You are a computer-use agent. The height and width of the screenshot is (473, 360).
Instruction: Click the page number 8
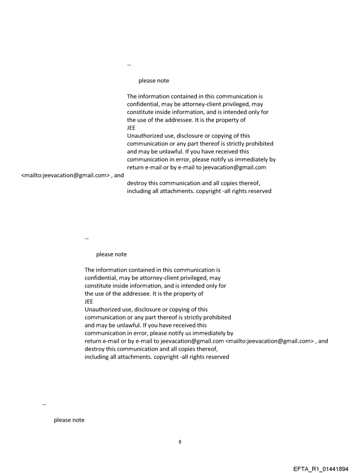[180, 441]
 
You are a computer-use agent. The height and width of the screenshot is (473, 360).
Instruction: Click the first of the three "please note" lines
[154, 81]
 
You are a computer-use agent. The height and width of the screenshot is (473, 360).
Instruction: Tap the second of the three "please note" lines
[111, 254]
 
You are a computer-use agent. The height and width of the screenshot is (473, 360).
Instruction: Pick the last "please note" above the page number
[69, 420]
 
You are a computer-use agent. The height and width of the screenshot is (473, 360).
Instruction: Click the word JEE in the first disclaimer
[131, 128]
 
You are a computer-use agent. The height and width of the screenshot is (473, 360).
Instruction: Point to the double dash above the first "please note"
[129, 65]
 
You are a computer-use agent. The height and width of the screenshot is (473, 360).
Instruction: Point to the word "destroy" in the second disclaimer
[94, 349]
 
